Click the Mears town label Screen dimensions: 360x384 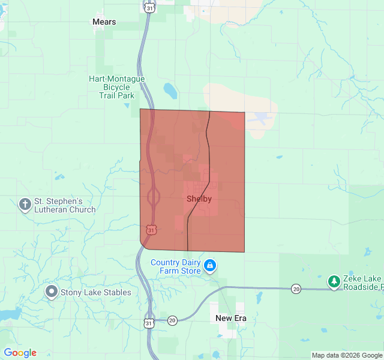click(x=104, y=22)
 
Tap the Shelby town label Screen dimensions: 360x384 click(x=199, y=199)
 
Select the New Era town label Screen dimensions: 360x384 click(x=231, y=318)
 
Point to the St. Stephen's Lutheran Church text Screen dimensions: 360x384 click(x=65, y=205)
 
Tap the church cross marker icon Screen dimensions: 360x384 click(x=25, y=205)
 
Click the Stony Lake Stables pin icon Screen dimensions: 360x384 click(x=52, y=292)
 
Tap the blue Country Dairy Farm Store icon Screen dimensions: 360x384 click(x=210, y=265)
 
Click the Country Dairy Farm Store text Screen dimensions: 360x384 click(x=175, y=266)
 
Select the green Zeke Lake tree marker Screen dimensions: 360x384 click(x=334, y=281)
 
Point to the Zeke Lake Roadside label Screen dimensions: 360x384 click(x=362, y=283)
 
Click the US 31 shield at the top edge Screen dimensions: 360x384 click(x=149, y=7)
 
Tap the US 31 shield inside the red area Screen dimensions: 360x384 click(x=151, y=230)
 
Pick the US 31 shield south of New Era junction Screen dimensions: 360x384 click(x=149, y=323)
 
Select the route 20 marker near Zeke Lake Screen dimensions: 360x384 click(x=296, y=289)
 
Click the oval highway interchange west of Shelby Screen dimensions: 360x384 click(x=154, y=196)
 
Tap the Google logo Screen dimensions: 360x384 click(x=20, y=353)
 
